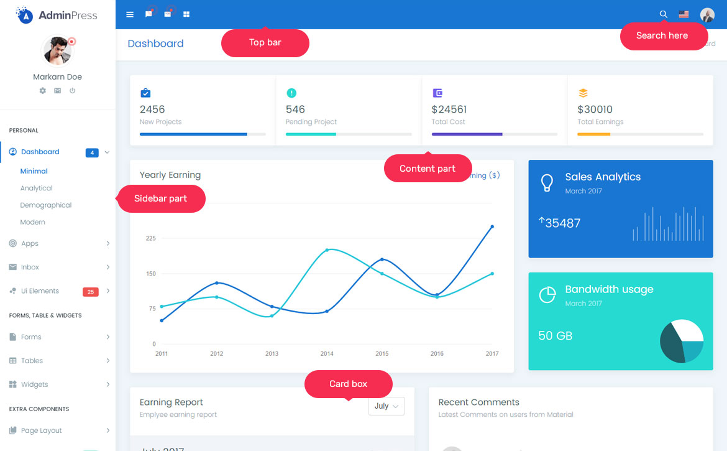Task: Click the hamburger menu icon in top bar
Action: tap(130, 14)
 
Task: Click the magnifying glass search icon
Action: tap(664, 14)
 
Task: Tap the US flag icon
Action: tap(684, 14)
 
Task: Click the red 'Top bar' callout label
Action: tap(265, 43)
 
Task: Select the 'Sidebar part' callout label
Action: tap(161, 198)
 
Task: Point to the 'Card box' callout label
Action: tap(349, 384)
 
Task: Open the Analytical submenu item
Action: tap(36, 188)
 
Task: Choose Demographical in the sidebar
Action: tap(46, 205)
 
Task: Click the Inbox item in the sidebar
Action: tap(30, 267)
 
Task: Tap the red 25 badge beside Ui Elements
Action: tap(91, 292)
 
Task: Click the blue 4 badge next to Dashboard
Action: tap(92, 152)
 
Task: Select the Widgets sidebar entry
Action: tap(34, 384)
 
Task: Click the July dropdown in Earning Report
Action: tap(386, 406)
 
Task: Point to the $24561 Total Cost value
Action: tap(449, 109)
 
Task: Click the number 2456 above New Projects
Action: tap(152, 109)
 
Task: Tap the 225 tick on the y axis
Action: tap(150, 238)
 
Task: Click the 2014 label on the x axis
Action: tap(327, 354)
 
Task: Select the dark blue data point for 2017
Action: tap(492, 226)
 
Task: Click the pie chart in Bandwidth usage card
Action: tap(682, 341)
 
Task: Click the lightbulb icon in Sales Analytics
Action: tap(547, 182)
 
